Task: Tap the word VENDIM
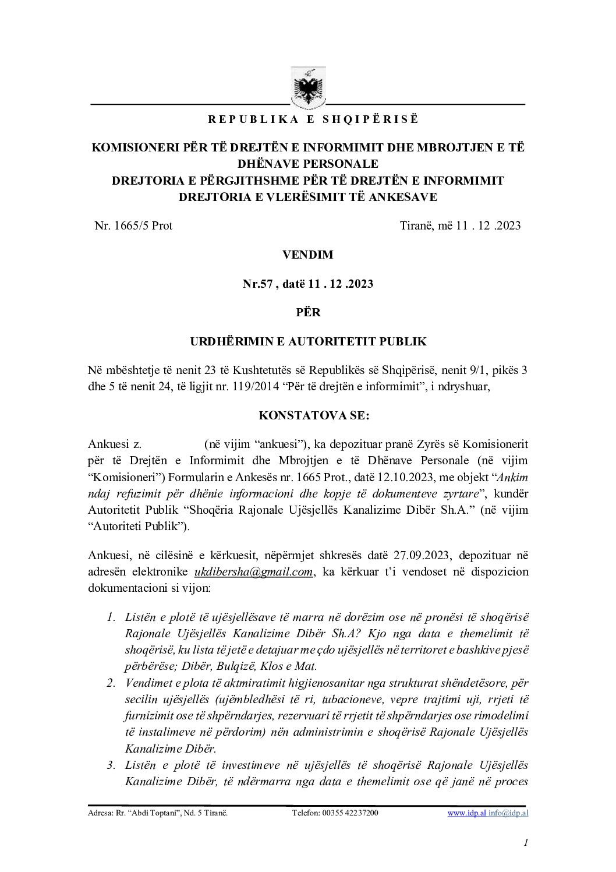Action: point(307,255)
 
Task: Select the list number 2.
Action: point(111,683)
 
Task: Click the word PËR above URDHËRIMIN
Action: point(308,312)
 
